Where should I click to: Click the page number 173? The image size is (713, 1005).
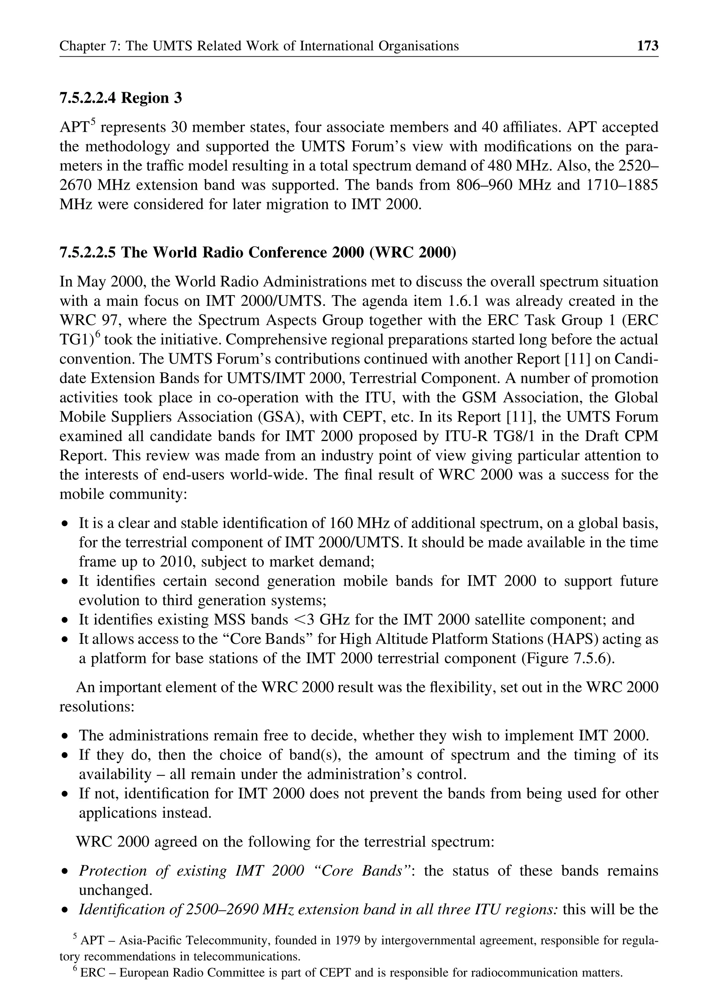coord(648,46)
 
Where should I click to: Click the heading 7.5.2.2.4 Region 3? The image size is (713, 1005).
coord(120,97)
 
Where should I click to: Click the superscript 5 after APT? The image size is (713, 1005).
coord(93,123)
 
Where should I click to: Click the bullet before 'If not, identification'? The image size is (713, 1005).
coord(65,794)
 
